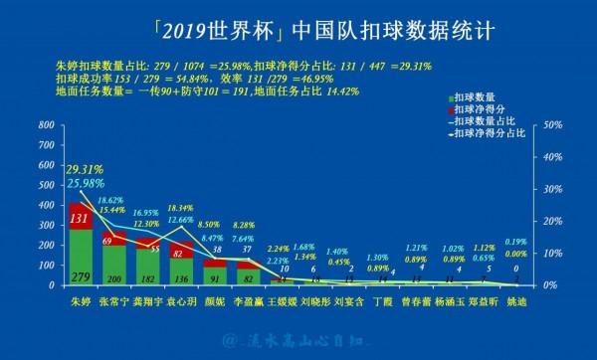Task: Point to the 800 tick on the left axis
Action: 44,126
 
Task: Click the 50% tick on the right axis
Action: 549,126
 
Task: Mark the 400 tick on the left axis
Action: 44,206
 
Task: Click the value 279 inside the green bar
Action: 82,275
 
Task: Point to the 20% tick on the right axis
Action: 549,222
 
